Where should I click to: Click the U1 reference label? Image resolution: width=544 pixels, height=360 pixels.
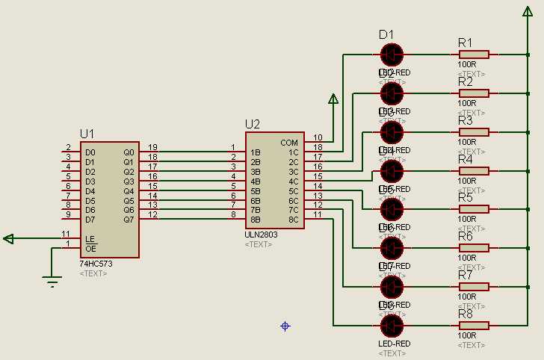[87, 134]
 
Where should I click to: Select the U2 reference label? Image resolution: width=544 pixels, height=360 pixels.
[253, 124]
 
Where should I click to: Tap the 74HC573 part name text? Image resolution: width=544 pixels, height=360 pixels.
[96, 264]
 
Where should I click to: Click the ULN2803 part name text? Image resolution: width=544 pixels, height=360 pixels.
[261, 235]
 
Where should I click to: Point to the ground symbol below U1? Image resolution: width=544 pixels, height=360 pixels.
[52, 281]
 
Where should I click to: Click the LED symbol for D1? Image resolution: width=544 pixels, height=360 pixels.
[392, 54]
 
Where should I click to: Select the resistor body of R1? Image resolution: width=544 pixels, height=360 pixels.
[474, 54]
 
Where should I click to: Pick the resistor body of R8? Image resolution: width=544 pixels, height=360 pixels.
[474, 326]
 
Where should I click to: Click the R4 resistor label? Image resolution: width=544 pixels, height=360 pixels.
[465, 159]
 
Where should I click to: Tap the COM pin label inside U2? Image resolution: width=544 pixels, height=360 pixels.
[289, 142]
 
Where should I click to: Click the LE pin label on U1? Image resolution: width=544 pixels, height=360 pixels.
[90, 239]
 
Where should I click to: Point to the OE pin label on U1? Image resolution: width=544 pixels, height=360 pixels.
[90, 248]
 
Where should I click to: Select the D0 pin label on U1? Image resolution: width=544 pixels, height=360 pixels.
[90, 152]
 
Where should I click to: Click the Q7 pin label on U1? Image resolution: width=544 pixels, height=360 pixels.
[129, 220]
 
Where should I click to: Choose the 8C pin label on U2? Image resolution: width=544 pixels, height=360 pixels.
[293, 220]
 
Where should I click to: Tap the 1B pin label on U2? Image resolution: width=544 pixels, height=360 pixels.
[255, 152]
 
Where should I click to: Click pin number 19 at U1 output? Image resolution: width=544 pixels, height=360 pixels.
[152, 147]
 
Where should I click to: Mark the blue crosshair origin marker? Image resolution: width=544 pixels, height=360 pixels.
[285, 326]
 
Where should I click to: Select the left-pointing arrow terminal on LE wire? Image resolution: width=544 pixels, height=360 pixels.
[8, 239]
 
